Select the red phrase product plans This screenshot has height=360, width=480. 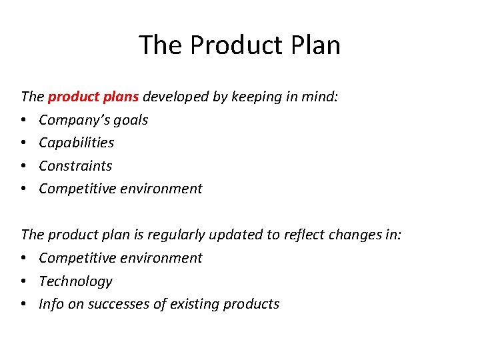tap(93, 97)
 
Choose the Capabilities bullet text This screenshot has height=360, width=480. tap(77, 143)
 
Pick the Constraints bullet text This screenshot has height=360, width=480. tap(75, 165)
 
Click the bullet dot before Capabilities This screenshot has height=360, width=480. tap(25, 143)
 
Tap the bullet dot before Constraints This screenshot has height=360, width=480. tap(25, 166)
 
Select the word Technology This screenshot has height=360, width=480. tap(75, 281)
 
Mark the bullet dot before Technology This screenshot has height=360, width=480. tap(25, 281)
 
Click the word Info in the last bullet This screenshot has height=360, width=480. tap(51, 304)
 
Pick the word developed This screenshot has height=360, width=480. tap(176, 97)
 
